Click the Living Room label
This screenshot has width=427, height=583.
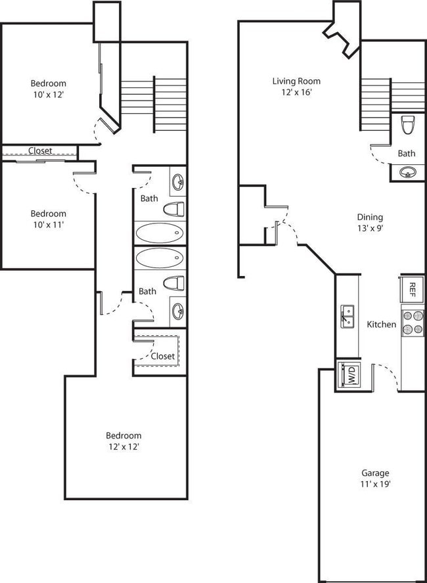coord(296,82)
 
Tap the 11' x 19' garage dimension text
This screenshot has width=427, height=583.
coord(375,484)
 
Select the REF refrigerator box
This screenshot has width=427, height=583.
coord(412,288)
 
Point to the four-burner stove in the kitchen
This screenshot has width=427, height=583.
coord(413,321)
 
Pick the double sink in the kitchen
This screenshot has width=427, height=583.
coord(348,316)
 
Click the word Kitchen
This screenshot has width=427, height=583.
coord(381,324)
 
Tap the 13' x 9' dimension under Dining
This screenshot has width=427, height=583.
coord(370,229)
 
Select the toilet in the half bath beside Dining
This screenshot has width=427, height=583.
coord(409,124)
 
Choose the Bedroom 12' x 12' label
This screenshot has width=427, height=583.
coord(124,441)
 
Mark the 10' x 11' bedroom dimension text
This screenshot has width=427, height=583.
coord(48,225)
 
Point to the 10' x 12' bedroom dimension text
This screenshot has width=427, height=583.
coord(48,95)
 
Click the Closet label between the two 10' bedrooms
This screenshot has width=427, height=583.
coord(39,151)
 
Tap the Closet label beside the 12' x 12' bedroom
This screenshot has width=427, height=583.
coord(162,356)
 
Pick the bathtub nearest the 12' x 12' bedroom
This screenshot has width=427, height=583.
coord(160,258)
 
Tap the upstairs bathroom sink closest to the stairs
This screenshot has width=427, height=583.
coord(177,182)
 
